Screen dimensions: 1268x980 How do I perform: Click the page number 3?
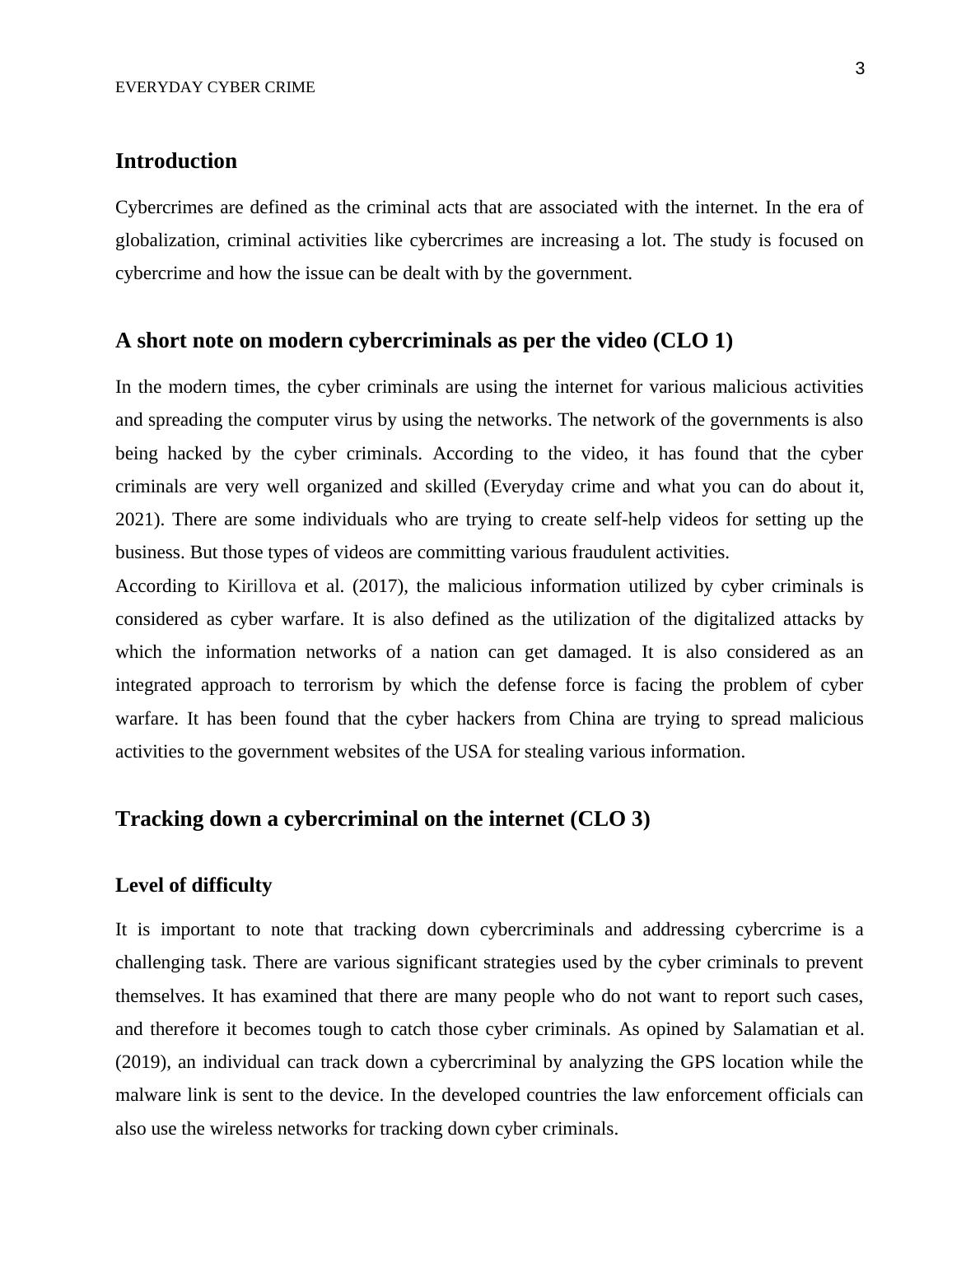point(860,69)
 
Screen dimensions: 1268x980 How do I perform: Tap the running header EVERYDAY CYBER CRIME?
point(215,87)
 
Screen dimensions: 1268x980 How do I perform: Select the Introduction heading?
point(176,161)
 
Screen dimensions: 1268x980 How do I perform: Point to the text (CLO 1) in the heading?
point(692,340)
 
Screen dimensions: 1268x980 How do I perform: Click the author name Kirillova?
point(261,586)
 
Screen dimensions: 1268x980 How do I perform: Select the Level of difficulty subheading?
point(194,885)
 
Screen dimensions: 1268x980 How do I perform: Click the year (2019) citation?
point(142,1062)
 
